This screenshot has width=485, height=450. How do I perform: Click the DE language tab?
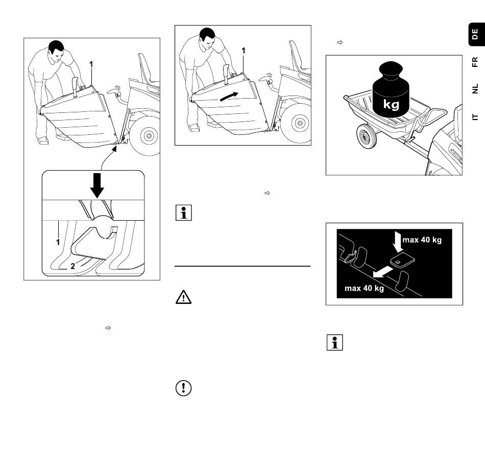[x=475, y=35]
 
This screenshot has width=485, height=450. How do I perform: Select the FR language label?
[x=475, y=62]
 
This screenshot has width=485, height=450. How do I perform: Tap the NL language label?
[x=475, y=89]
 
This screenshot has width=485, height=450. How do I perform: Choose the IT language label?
[x=475, y=117]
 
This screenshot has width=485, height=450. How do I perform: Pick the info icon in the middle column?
[x=183, y=212]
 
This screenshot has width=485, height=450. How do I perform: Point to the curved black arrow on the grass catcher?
[x=229, y=96]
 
